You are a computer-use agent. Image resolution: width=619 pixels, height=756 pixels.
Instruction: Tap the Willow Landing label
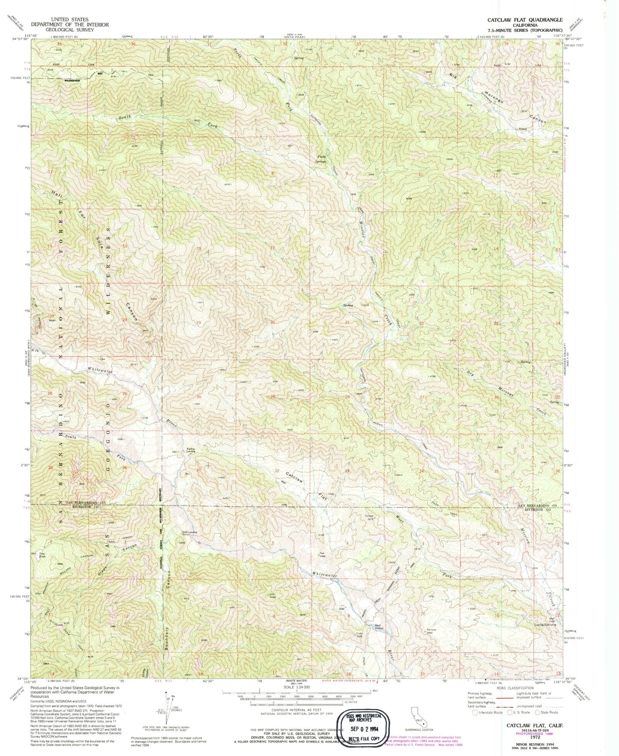click(x=191, y=450)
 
